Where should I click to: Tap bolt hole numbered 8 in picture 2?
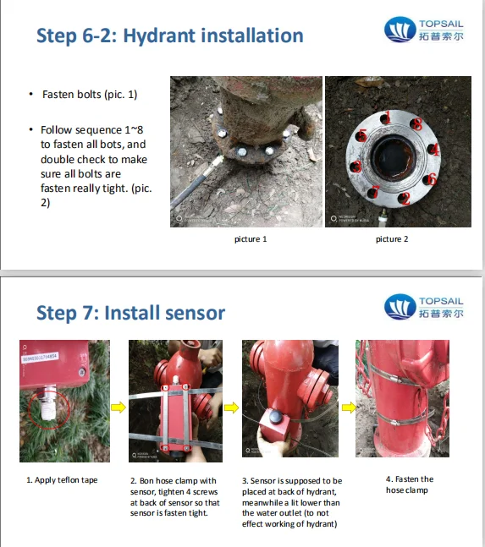[416, 123]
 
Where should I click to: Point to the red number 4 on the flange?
[434, 149]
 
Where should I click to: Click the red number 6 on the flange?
[430, 178]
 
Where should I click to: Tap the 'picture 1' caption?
[251, 239]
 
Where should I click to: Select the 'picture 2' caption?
[392, 239]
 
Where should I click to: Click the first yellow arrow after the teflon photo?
[119, 406]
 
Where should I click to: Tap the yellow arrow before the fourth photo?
[347, 406]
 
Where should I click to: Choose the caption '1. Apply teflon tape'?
[62, 480]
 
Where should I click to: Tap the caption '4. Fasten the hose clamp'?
[409, 484]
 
